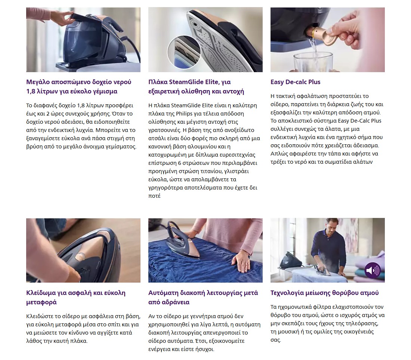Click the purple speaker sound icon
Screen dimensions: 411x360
(373, 270)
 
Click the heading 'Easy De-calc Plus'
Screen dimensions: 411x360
(296, 82)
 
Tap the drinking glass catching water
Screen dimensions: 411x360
(313, 62)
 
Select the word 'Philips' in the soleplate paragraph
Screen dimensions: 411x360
(184, 114)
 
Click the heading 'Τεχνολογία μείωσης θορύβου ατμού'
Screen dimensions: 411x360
(324, 293)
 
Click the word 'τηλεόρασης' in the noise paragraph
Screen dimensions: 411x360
(364, 323)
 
